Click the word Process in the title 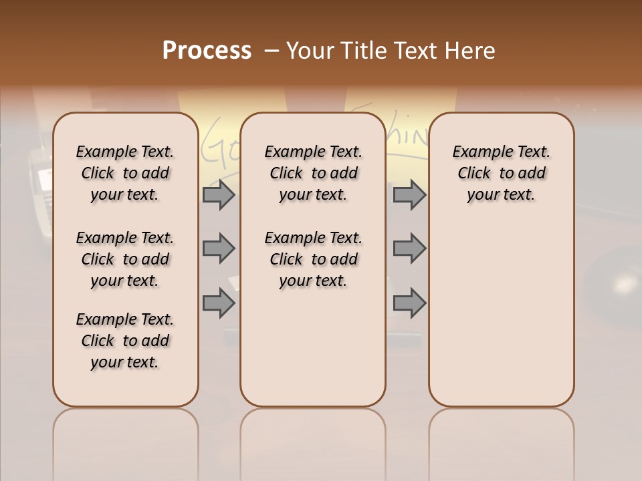(x=207, y=51)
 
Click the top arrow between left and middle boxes (x=219, y=194)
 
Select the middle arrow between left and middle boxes (x=219, y=249)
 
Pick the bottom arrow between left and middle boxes (x=219, y=303)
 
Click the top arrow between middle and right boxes (x=409, y=194)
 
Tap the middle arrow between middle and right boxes (x=409, y=249)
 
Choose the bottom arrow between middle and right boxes (x=409, y=303)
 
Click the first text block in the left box (x=125, y=173)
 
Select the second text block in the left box (x=125, y=259)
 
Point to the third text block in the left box (x=125, y=341)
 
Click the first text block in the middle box (x=313, y=173)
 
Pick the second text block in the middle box (x=313, y=259)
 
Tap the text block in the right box (x=501, y=173)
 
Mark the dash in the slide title (x=272, y=51)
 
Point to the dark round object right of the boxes (x=615, y=284)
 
